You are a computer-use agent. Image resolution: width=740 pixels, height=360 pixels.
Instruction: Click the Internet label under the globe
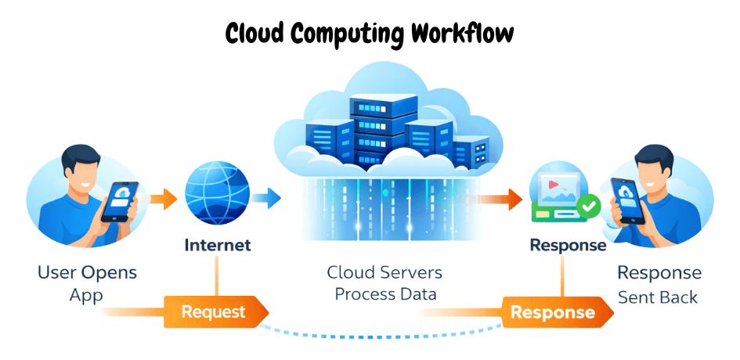[x=217, y=245]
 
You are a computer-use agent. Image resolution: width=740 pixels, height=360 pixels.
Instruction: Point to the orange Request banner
[x=213, y=312]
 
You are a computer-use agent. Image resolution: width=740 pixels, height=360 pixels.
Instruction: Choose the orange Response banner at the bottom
[x=552, y=312]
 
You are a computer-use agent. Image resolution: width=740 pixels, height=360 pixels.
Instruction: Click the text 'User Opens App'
[x=87, y=284]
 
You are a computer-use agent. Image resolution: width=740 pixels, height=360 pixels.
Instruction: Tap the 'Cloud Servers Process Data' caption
[x=384, y=283]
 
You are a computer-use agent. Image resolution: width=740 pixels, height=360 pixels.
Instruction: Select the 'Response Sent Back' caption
[x=659, y=284]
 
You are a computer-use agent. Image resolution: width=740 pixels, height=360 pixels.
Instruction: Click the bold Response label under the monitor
[x=568, y=245]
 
